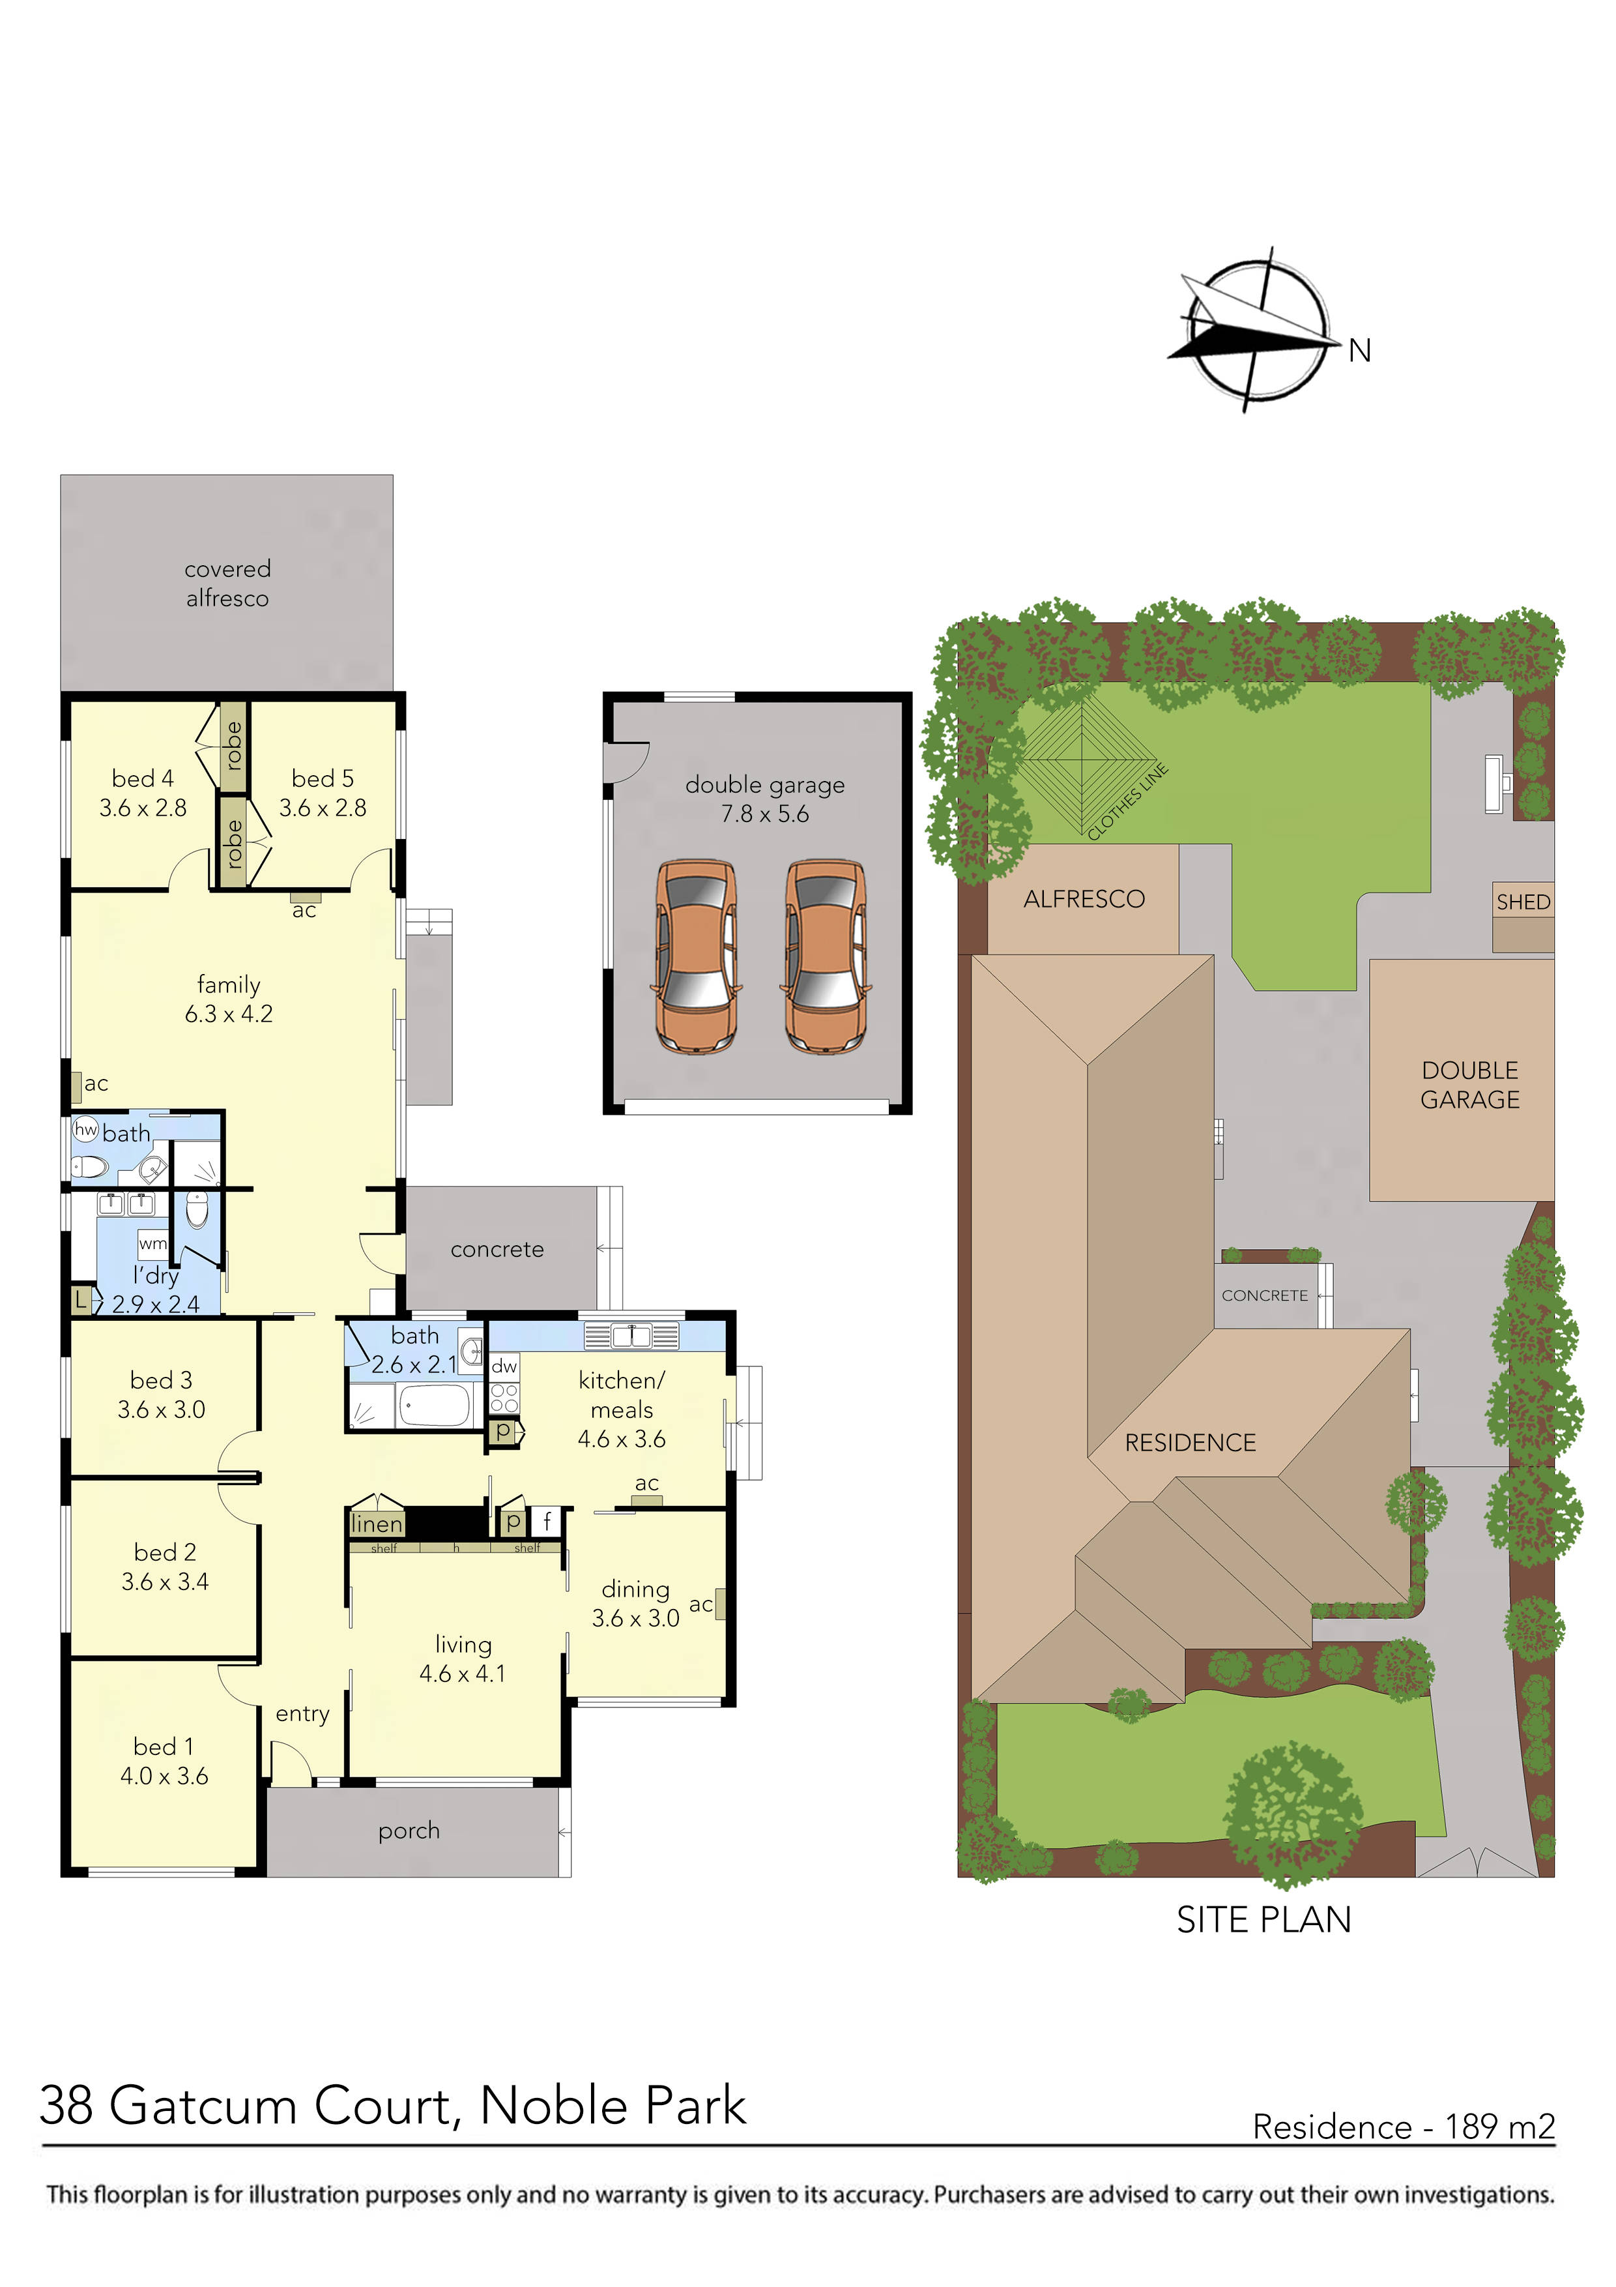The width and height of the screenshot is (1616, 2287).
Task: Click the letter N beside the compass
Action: [1359, 351]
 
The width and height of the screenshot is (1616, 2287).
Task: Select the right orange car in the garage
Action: [826, 956]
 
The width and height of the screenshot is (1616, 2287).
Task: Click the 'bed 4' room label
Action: [143, 793]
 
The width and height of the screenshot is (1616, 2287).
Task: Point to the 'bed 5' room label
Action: [323, 793]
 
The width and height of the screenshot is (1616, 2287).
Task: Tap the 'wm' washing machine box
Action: [152, 1243]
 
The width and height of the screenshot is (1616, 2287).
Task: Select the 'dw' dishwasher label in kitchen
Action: [504, 1366]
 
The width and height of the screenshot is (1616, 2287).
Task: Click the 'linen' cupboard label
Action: [377, 1523]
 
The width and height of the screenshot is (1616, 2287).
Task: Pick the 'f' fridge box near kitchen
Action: [547, 1521]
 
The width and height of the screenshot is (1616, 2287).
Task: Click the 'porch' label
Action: [408, 1830]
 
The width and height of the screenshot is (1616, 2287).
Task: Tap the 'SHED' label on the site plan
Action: [1522, 902]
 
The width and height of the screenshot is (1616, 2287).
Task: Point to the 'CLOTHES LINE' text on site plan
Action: [1127, 801]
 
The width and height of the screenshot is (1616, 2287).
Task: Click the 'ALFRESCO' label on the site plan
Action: [1084, 898]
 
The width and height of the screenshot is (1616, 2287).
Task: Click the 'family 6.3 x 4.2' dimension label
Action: [228, 999]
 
